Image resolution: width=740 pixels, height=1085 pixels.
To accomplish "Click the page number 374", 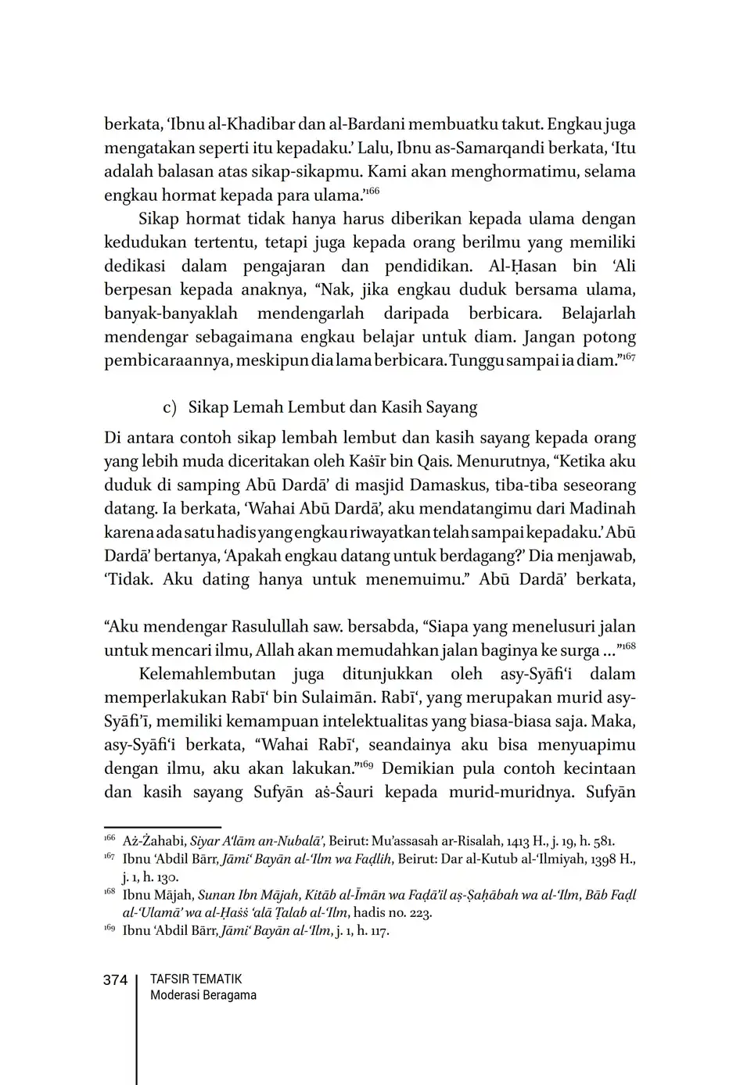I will [x=115, y=980].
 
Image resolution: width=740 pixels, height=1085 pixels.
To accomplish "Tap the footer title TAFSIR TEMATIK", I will [x=196, y=979].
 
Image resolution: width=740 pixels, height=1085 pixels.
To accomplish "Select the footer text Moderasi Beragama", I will [x=203, y=995].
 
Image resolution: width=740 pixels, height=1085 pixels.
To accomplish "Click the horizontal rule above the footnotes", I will [x=162, y=826].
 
